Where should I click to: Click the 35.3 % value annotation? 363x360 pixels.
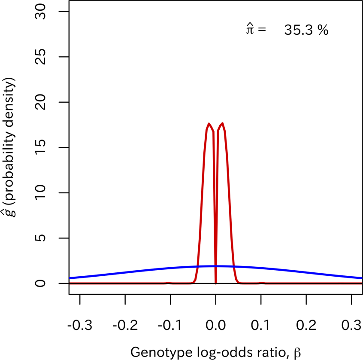(x=306, y=31)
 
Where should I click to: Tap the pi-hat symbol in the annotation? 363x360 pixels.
(x=249, y=30)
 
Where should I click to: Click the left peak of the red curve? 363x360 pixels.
(x=209, y=124)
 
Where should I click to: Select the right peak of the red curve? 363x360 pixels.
(x=222, y=124)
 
